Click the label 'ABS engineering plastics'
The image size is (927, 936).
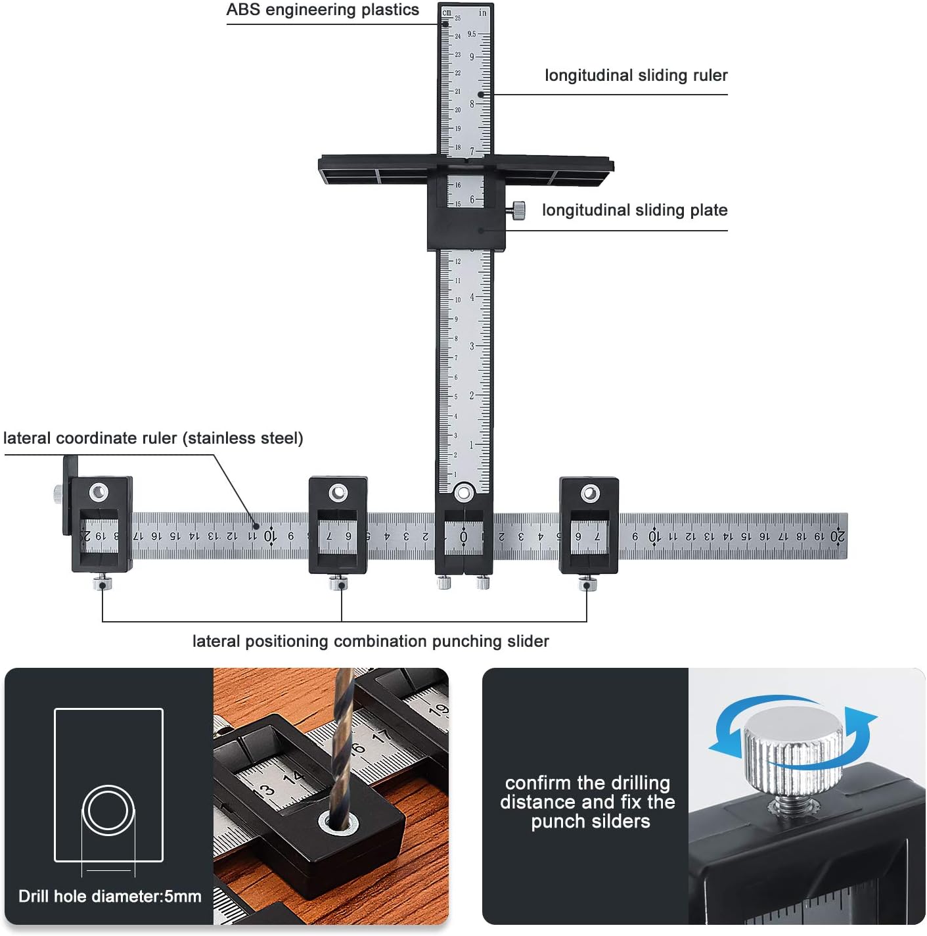tap(322, 10)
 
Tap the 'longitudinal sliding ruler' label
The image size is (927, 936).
tap(635, 76)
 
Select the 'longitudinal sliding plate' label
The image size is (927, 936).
tap(634, 210)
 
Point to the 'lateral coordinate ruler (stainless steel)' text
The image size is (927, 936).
tap(153, 438)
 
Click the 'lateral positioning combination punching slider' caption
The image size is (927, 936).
tap(371, 642)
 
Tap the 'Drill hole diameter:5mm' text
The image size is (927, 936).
tap(110, 897)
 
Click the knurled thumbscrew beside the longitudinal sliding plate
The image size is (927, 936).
tap(518, 210)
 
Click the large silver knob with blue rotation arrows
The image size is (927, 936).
tap(793, 749)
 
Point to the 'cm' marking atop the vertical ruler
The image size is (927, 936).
tap(447, 12)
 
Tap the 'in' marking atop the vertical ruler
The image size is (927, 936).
tap(483, 12)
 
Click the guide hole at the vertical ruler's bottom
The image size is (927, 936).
tap(463, 492)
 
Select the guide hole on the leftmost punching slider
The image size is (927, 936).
tap(99, 492)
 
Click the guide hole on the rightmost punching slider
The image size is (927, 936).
tap(590, 493)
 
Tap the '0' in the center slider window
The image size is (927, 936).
tap(463, 537)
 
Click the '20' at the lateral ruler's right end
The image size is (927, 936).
tap(837, 536)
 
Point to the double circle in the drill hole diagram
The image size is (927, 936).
tap(108, 810)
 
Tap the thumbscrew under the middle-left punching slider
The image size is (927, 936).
tap(338, 582)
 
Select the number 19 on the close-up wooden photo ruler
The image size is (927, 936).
tap(438, 710)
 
